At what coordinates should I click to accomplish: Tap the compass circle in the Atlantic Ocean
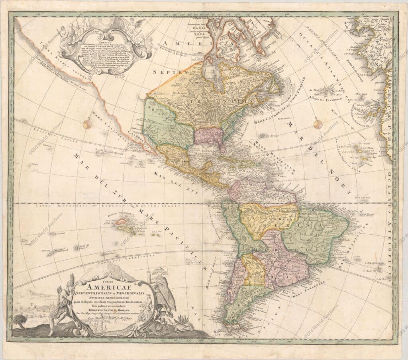point(317,124)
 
